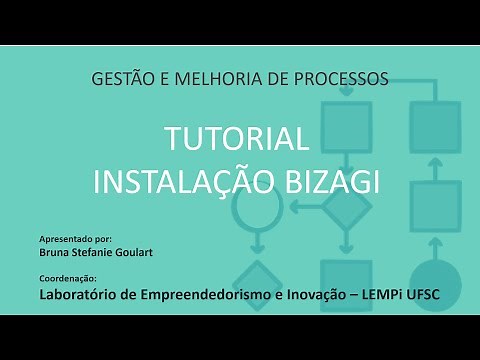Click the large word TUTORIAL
[x=240, y=139]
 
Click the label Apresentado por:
[x=75, y=241]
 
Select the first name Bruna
[x=54, y=254]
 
